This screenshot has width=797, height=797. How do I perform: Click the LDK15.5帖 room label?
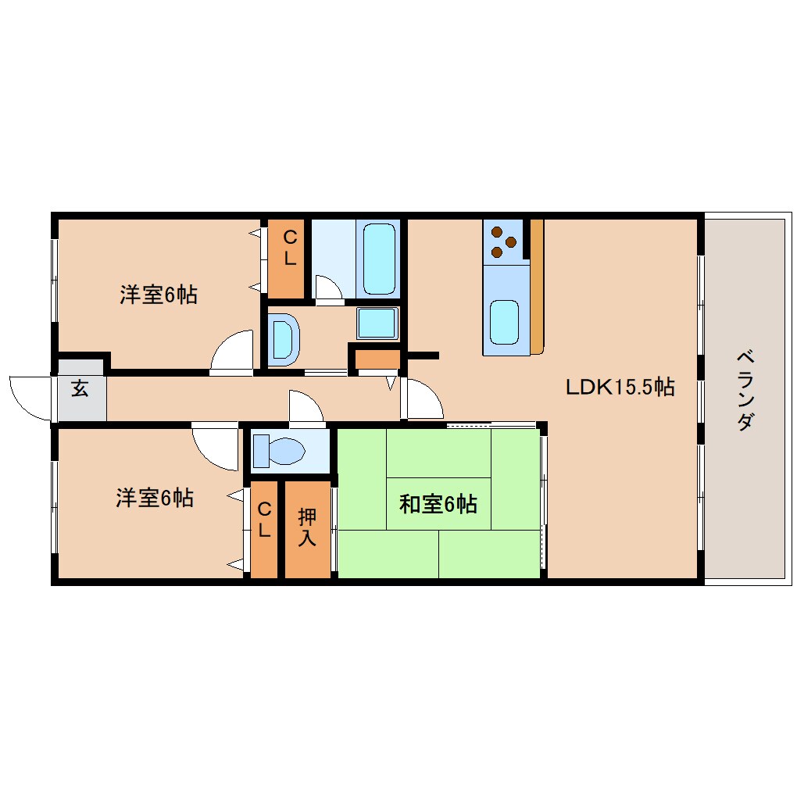click(620, 387)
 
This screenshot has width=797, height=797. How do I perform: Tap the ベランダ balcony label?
click(745, 391)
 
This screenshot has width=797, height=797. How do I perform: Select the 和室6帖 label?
click(438, 505)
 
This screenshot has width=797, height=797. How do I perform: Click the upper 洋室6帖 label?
click(158, 295)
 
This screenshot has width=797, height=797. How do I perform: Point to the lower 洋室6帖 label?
click(155, 498)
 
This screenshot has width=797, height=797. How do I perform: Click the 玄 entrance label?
click(80, 388)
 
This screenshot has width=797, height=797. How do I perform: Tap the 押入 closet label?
click(306, 527)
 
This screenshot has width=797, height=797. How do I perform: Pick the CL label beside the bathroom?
click(289, 248)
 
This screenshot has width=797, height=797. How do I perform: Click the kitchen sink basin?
click(505, 320)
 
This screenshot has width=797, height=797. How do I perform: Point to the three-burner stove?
click(502, 241)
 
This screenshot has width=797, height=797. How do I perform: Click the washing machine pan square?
click(377, 323)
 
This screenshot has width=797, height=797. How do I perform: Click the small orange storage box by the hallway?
click(377, 360)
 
